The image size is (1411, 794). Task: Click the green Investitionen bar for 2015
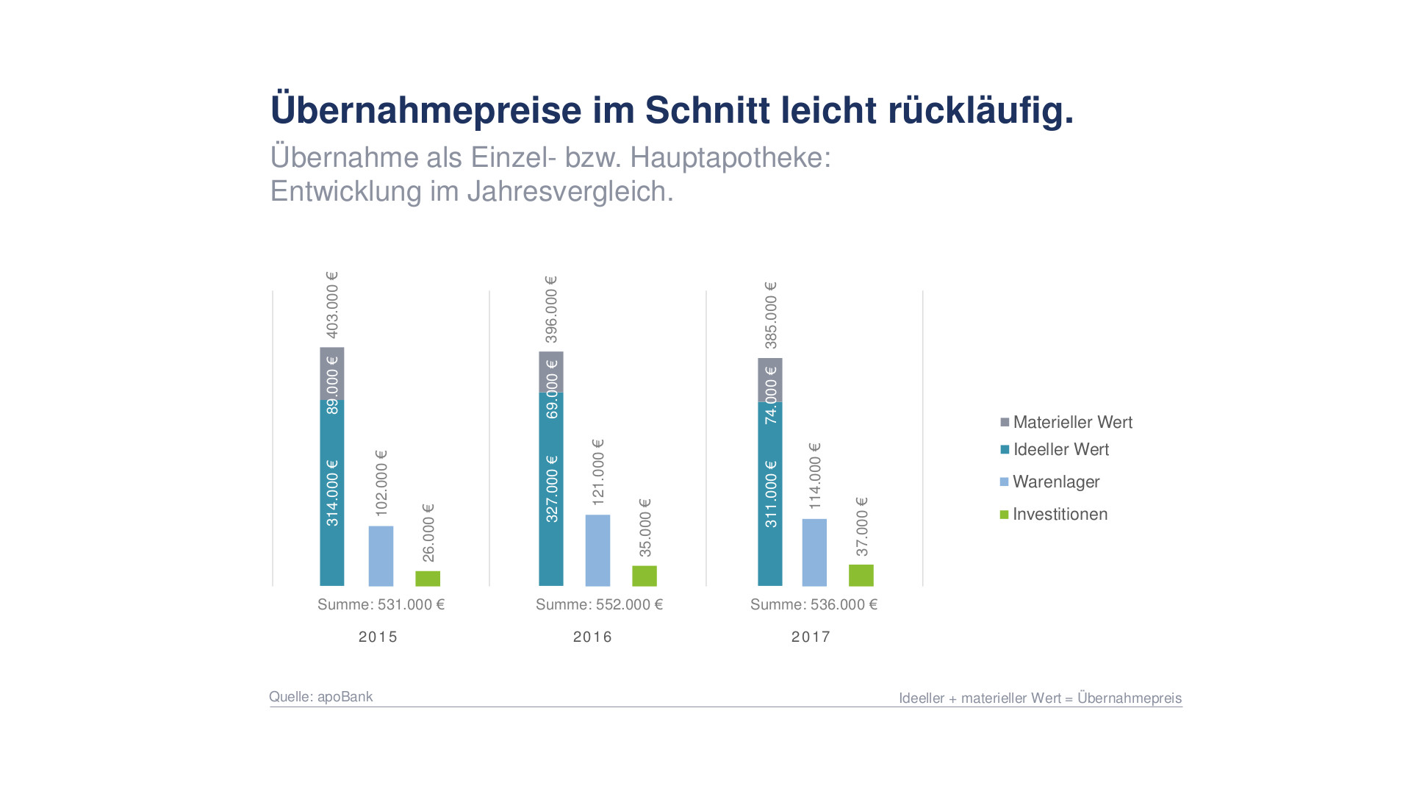[428, 579]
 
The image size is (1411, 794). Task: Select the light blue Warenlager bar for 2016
[597, 551]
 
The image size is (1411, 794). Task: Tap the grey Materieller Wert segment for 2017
[770, 380]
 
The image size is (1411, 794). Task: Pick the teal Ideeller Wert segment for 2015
[332, 493]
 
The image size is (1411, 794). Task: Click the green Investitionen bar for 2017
[861, 576]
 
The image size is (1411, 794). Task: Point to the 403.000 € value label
[332, 305]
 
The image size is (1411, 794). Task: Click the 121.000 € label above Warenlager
[597, 472]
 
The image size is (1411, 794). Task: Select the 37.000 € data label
[861, 526]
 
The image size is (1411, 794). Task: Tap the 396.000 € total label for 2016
[551, 310]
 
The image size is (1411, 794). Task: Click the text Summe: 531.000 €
[381, 604]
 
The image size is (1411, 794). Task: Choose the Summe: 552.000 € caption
[599, 604]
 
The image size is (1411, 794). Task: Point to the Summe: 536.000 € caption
[814, 604]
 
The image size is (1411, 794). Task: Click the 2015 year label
[378, 637]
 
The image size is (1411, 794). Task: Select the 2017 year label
[811, 637]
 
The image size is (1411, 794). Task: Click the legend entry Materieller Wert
[1066, 422]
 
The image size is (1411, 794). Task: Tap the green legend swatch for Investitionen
[1005, 515]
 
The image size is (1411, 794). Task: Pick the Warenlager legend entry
[1050, 482]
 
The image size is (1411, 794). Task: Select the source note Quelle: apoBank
[320, 696]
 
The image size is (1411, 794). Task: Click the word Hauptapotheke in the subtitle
[730, 157]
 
